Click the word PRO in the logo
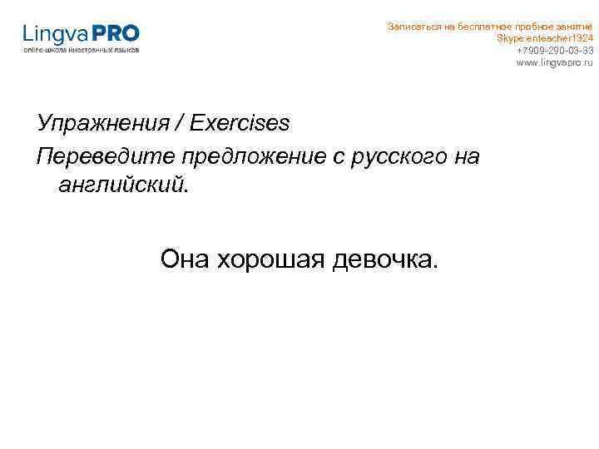[x=117, y=34]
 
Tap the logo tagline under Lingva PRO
[x=82, y=50]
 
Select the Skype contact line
[x=545, y=38]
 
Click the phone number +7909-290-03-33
[x=555, y=50]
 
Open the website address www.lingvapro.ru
[x=555, y=62]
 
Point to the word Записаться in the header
[x=409, y=27]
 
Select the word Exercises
[x=240, y=123]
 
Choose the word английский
[x=123, y=185]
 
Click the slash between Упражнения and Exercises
[x=180, y=124]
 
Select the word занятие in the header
[x=574, y=27]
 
